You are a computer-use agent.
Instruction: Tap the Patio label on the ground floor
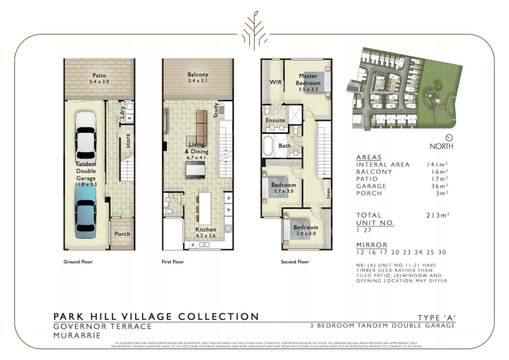99,75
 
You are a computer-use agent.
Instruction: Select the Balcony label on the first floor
198,75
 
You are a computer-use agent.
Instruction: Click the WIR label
275,82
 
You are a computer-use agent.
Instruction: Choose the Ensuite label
275,120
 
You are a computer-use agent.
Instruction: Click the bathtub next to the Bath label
269,146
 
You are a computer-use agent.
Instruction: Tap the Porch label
122,234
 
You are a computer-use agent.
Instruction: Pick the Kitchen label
206,229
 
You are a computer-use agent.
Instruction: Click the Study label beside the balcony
216,111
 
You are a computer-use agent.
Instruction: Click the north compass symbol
449,137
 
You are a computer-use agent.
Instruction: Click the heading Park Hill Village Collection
156,317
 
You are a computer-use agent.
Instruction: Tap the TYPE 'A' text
436,317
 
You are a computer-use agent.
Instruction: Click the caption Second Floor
295,261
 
